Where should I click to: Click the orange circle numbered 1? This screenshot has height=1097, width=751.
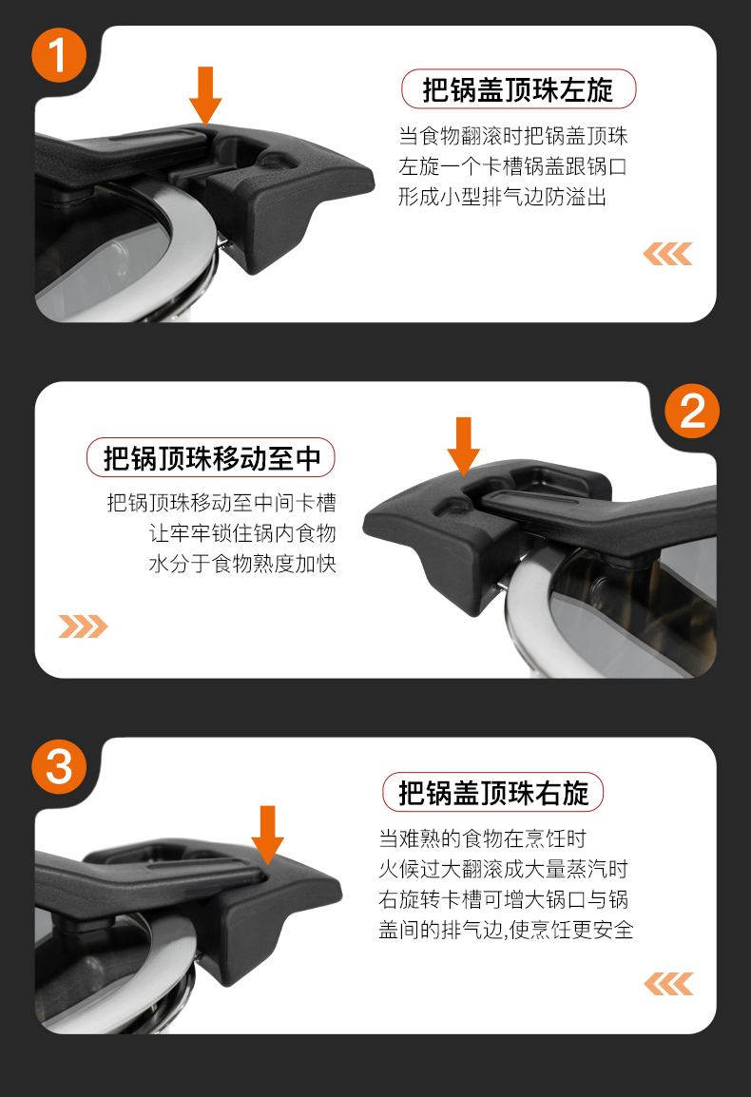click(59, 55)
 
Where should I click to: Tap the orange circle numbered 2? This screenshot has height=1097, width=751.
click(691, 411)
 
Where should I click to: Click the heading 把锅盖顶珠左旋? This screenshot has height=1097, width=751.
click(518, 89)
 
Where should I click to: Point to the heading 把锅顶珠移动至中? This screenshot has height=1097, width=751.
click(211, 458)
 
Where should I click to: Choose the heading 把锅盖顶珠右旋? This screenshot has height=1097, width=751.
click(492, 793)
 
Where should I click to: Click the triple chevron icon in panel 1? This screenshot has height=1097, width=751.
click(667, 254)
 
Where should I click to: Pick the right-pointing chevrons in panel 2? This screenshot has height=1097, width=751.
click(84, 626)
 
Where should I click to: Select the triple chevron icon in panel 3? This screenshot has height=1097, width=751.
click(668, 984)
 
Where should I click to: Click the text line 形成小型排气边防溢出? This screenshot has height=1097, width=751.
click(503, 198)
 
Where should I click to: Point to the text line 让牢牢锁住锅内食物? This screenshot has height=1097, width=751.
click(242, 533)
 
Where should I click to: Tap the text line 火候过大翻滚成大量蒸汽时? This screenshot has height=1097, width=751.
click(503, 869)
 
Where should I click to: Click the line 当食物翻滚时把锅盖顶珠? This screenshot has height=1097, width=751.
click(513, 136)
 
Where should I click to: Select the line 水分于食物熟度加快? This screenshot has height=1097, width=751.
click(242, 564)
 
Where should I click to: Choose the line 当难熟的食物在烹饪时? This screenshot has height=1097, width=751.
click(482, 838)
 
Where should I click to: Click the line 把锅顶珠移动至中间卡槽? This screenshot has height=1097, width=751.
click(221, 502)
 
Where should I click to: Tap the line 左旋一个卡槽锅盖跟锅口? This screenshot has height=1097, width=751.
click(513, 166)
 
